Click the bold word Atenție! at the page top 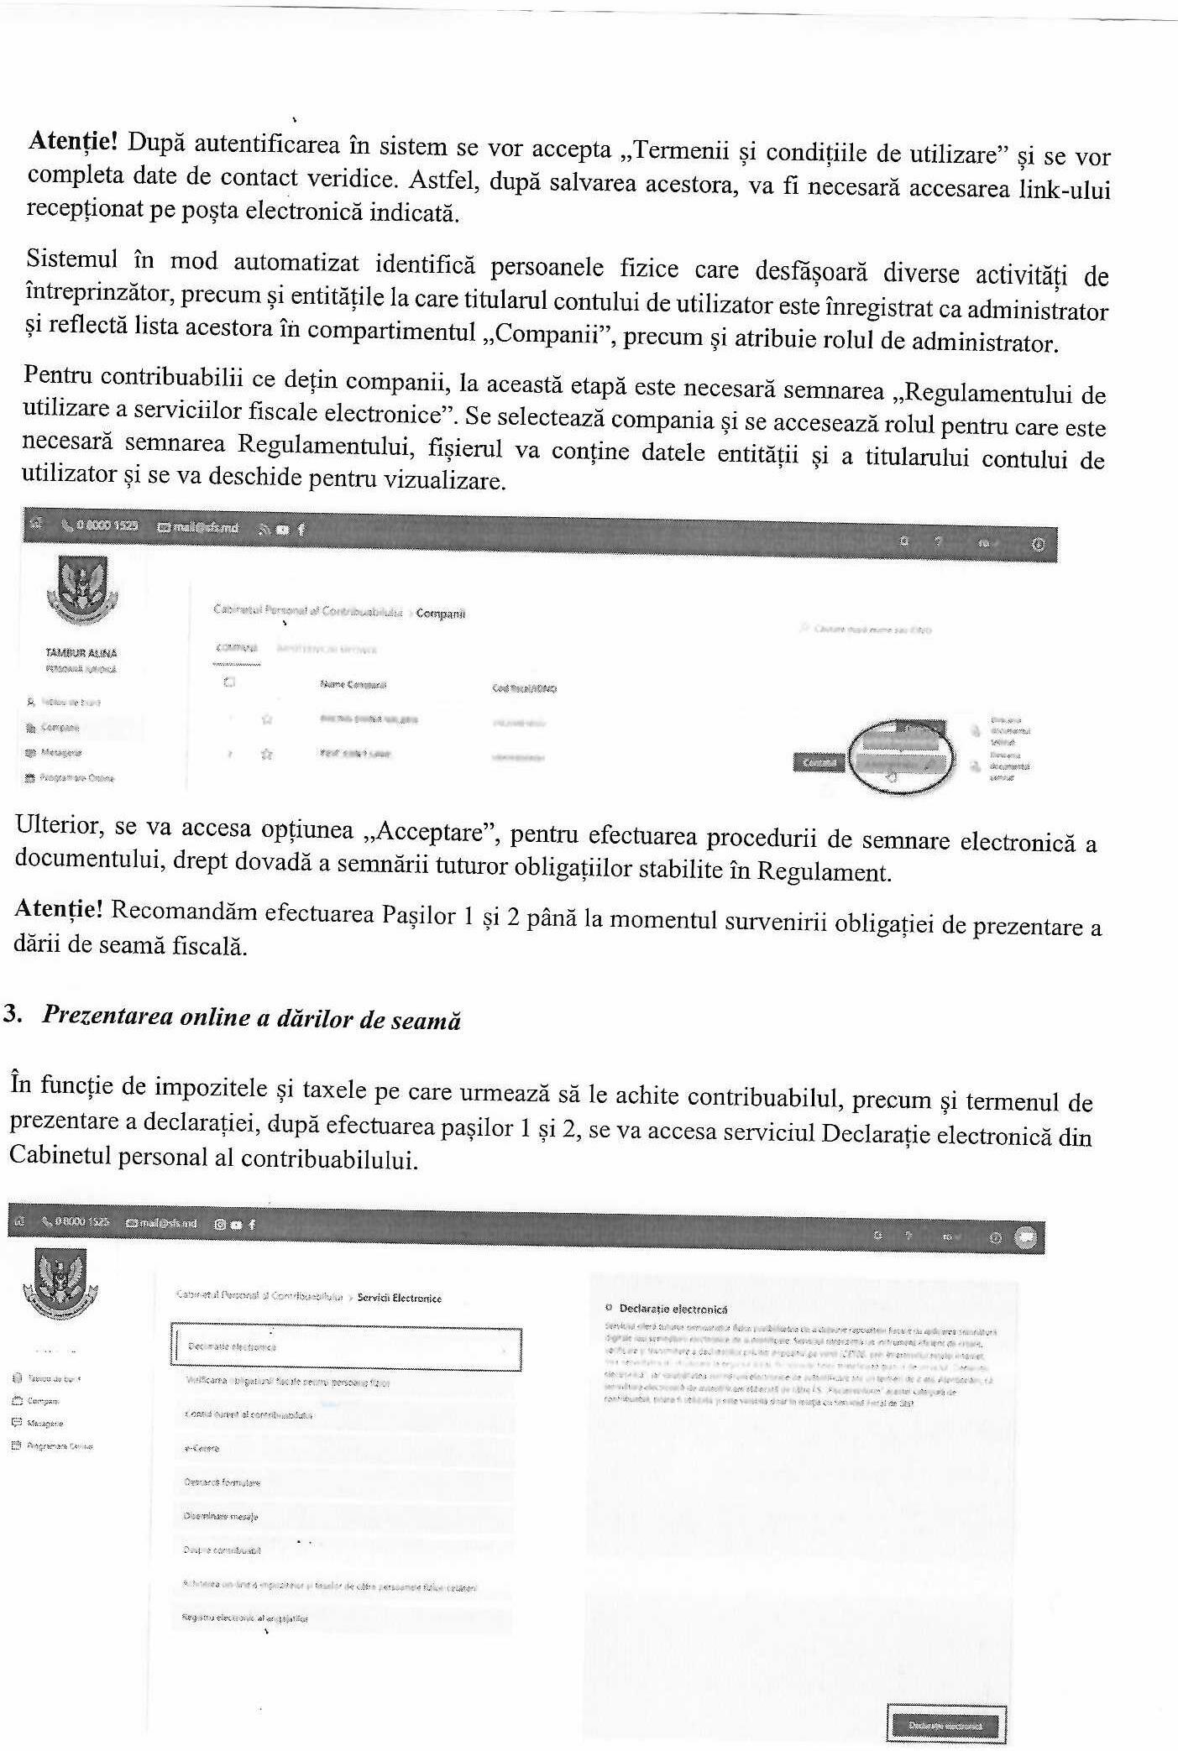(73, 141)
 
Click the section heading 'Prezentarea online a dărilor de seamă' (251, 1017)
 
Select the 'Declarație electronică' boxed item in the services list (346, 1347)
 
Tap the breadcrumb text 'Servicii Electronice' (399, 1298)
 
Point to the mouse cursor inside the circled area (892, 776)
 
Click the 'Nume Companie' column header (353, 685)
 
